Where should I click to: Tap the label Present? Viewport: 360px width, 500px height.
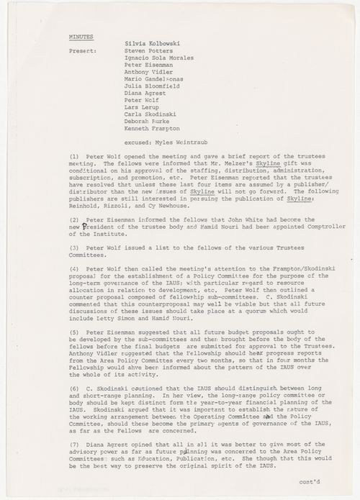[x=83, y=52]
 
